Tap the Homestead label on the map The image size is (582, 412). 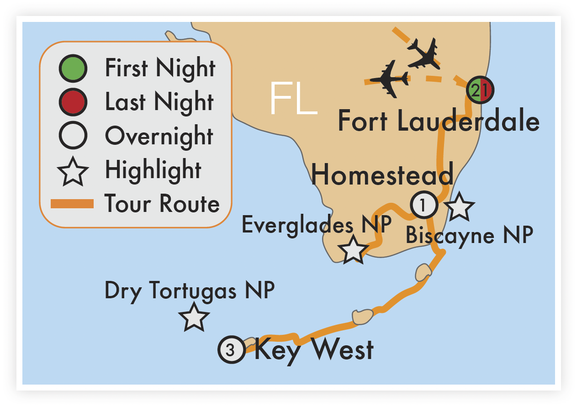click(x=383, y=175)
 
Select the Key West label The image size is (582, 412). click(x=314, y=350)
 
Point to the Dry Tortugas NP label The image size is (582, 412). click(x=190, y=291)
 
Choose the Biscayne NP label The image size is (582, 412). click(x=469, y=236)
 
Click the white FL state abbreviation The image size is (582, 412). click(x=292, y=99)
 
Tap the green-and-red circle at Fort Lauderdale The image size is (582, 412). click(x=479, y=90)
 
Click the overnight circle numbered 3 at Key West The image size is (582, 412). click(x=232, y=350)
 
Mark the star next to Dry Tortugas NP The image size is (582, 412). click(x=194, y=317)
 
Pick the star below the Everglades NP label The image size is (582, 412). click(x=353, y=250)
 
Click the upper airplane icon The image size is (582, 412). click(x=423, y=54)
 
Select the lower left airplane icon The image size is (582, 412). click(x=389, y=79)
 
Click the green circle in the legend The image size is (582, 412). click(x=72, y=68)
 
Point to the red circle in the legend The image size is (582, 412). click(x=72, y=102)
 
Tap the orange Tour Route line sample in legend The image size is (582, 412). click(x=72, y=204)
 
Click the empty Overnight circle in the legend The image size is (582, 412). click(x=72, y=136)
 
